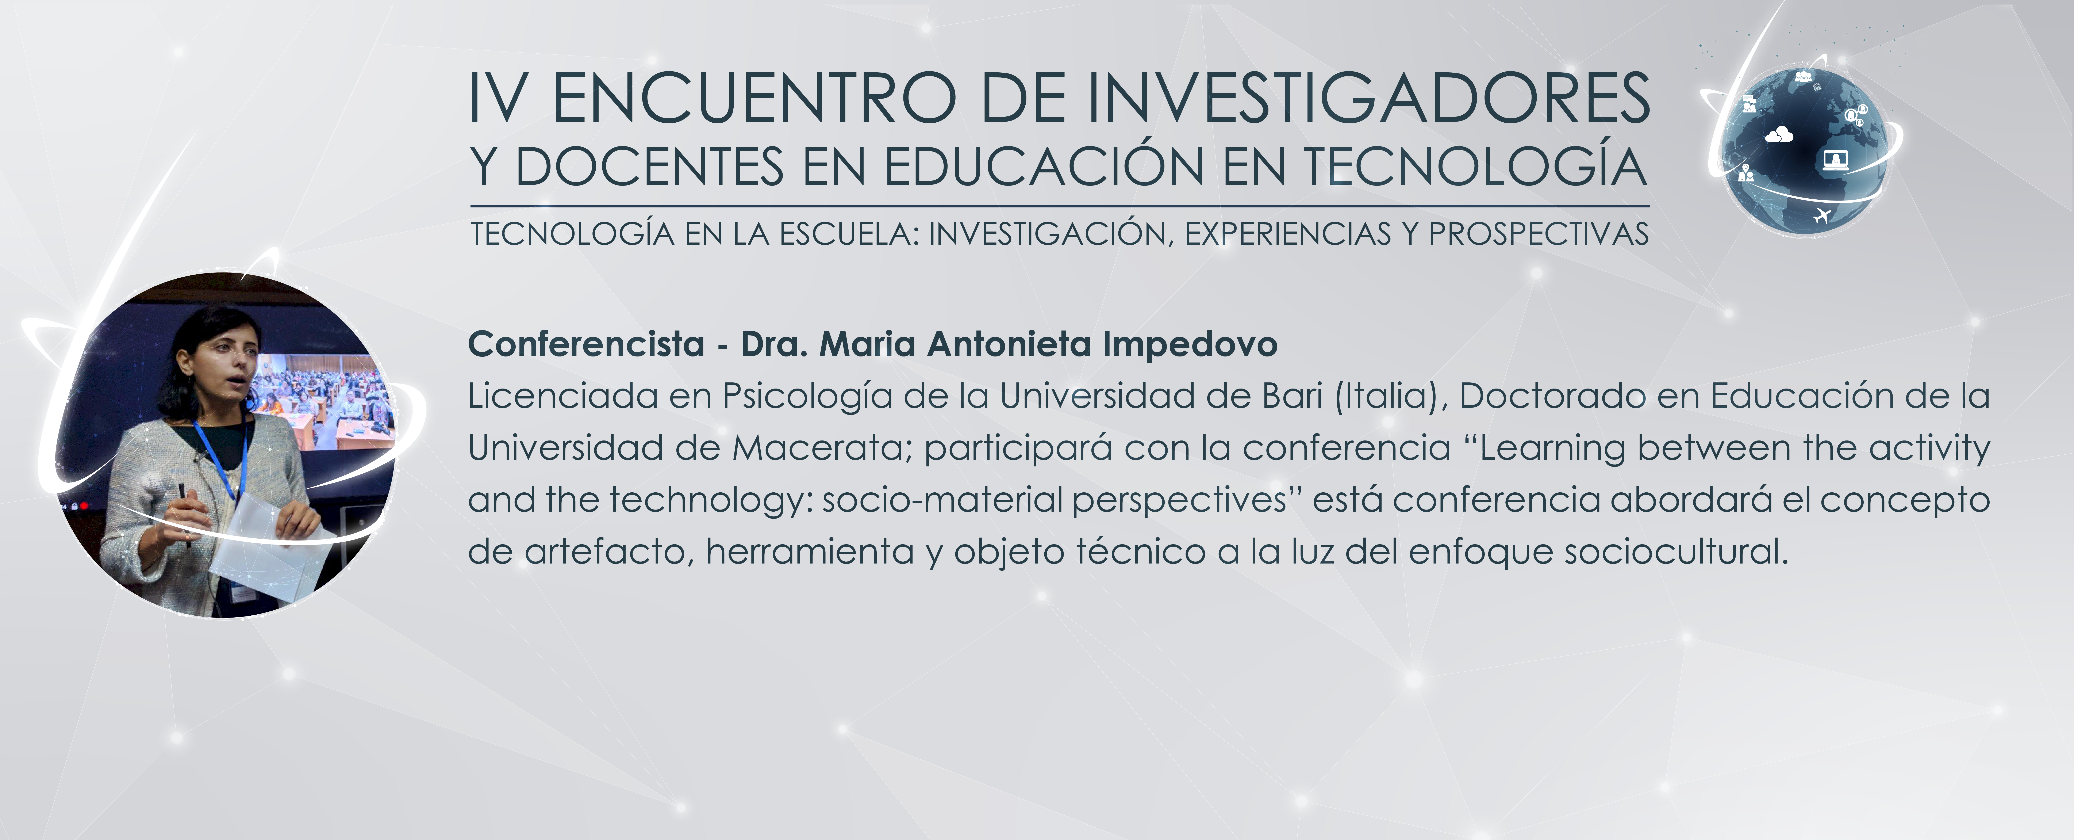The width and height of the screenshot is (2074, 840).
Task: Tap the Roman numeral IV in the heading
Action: tap(499, 98)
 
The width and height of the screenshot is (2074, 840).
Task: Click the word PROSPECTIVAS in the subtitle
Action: tap(1539, 234)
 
